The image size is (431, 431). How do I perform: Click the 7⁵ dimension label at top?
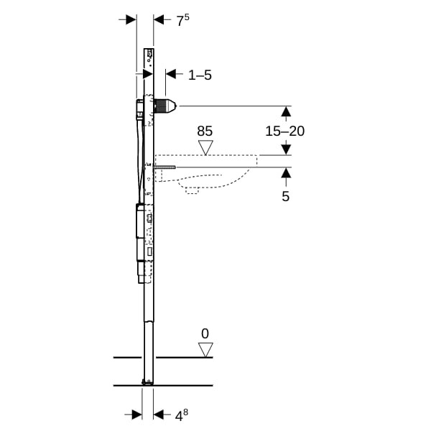(x=182, y=21)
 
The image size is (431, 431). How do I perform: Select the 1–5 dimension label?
(x=200, y=75)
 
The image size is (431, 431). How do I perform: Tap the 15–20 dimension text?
(x=284, y=131)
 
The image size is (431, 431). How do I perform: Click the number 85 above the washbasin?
(x=205, y=131)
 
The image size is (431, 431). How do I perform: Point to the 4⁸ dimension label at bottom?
(x=182, y=414)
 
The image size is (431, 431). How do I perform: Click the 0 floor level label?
(x=205, y=334)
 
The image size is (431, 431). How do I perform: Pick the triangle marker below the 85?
(x=205, y=147)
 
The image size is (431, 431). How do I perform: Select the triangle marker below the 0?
(x=205, y=350)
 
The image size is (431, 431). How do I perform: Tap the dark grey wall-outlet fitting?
(x=165, y=106)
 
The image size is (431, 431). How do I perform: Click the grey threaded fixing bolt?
(x=164, y=167)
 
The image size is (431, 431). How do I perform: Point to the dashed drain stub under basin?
(x=192, y=190)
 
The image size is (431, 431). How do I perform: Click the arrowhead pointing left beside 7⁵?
(x=159, y=19)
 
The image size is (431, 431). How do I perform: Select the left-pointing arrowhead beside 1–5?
(x=171, y=74)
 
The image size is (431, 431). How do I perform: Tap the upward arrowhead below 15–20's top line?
(x=287, y=111)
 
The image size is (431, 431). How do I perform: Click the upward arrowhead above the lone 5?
(x=286, y=172)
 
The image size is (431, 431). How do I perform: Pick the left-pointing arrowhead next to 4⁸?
(x=158, y=414)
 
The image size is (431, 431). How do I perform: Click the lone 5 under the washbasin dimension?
(x=286, y=197)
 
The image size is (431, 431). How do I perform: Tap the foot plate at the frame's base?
(x=147, y=382)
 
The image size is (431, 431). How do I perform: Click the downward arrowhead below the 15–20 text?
(x=287, y=150)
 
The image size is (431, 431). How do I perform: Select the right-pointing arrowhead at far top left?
(x=131, y=19)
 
